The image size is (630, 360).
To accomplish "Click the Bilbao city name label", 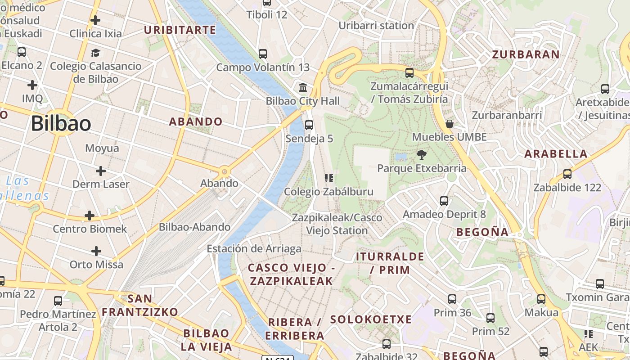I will [61, 123].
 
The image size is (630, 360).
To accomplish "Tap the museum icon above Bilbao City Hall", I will [303, 87].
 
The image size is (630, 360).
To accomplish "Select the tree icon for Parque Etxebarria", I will [422, 155].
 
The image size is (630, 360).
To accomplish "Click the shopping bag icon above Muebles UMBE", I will [449, 124].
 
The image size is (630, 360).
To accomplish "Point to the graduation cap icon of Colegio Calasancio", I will [95, 53].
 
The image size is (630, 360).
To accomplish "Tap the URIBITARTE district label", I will [180, 30].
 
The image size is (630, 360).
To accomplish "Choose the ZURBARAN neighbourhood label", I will [526, 54].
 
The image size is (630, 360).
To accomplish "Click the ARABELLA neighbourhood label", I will [556, 154].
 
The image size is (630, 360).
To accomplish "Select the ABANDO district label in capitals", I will [196, 121].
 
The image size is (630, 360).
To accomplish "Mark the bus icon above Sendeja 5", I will [309, 125].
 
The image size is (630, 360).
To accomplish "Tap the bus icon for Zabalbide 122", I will [567, 174].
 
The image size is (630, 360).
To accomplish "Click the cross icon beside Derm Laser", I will [101, 171].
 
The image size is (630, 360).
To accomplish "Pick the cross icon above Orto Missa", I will [96, 251].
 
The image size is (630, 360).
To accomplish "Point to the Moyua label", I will [102, 148].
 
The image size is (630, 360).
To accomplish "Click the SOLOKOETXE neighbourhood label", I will [371, 319].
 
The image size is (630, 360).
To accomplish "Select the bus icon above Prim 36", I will [452, 299].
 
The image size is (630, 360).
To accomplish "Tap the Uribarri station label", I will [376, 26].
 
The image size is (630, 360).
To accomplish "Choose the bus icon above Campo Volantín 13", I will [263, 54].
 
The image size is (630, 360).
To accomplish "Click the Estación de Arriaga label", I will [254, 248].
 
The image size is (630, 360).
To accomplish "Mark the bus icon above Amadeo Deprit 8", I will [444, 201].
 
